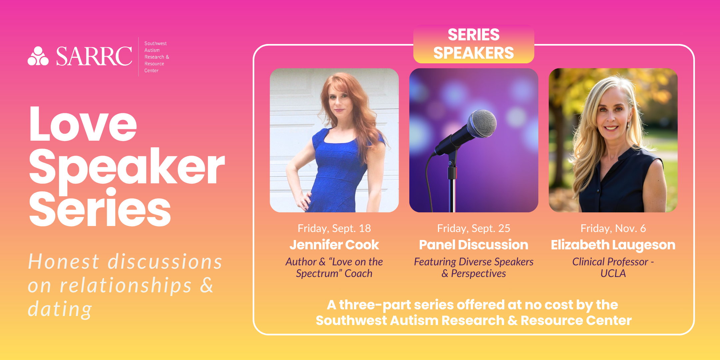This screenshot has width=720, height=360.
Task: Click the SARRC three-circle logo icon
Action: [38, 56]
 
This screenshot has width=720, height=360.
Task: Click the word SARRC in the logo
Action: [94, 56]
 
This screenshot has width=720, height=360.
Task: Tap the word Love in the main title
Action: [83, 124]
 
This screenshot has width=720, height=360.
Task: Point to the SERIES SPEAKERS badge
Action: [474, 44]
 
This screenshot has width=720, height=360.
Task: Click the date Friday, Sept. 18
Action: [334, 229]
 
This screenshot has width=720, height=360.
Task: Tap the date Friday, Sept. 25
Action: [474, 229]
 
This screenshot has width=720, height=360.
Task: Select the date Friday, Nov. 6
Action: [613, 229]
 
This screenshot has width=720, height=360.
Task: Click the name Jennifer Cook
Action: [334, 245]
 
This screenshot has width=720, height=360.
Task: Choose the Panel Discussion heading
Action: [474, 245]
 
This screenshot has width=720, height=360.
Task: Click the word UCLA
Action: [613, 273]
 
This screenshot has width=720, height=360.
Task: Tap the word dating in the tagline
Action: [60, 309]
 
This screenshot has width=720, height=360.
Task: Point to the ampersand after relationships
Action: [207, 285]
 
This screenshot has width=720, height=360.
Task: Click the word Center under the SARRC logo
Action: [151, 71]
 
